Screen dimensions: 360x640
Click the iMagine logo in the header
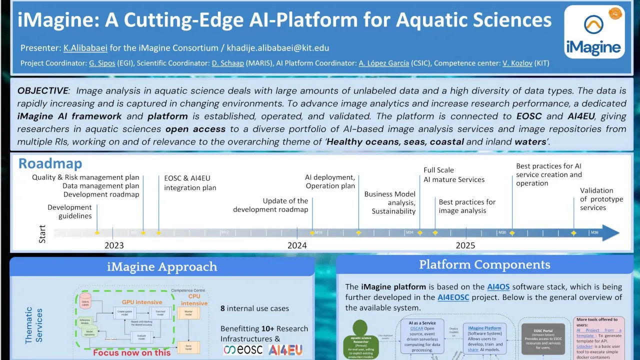[594, 32]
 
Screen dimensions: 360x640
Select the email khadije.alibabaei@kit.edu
[278, 48]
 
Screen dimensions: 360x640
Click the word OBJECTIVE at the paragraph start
[42, 91]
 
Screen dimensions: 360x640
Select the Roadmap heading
[50, 163]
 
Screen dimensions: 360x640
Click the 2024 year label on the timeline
[297, 245]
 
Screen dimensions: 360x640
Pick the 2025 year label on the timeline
[465, 245]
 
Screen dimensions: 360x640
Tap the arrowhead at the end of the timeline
[611, 233]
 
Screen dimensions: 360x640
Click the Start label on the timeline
[42, 233]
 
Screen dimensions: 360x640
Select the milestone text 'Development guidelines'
[70, 211]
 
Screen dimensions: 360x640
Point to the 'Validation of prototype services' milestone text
[601, 199]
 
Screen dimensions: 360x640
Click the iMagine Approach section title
[162, 267]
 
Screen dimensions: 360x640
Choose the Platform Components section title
[484, 265]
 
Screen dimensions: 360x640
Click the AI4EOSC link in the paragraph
[455, 297]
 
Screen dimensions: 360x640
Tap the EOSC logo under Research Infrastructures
[243, 350]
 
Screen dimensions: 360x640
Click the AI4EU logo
[285, 350]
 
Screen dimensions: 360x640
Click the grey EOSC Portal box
[542, 338]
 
